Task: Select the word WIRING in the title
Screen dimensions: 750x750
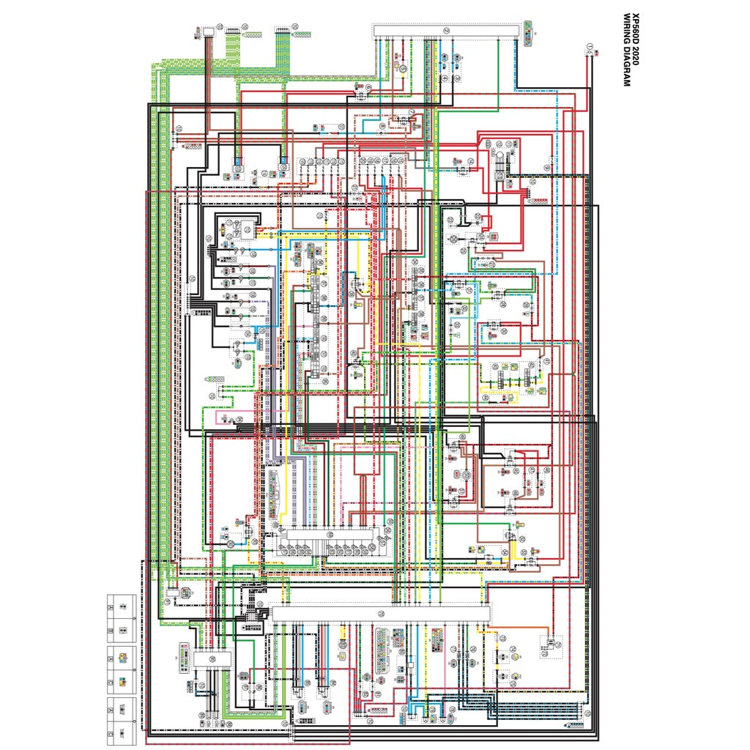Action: pos(626,30)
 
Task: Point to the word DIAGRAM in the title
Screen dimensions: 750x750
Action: pos(626,65)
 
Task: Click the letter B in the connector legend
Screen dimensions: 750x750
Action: pos(111,630)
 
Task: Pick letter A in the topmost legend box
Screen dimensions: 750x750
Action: pos(111,607)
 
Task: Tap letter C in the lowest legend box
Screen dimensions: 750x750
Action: pos(111,732)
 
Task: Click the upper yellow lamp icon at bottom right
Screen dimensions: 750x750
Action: pos(515,647)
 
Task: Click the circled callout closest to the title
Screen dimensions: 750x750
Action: pos(590,48)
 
